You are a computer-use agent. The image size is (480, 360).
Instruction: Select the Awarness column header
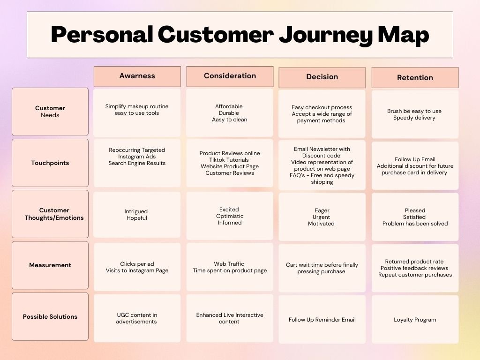(x=137, y=76)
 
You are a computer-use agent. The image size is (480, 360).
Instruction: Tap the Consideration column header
(x=230, y=76)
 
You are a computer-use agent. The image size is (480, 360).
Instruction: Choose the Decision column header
(x=322, y=77)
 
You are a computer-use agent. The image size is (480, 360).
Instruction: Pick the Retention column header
(x=415, y=78)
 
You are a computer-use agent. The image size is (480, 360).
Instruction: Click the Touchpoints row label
(x=50, y=163)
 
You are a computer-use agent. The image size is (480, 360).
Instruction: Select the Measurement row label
(x=50, y=265)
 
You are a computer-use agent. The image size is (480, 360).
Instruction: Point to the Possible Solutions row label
(x=50, y=317)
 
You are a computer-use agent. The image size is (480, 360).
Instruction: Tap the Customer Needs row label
(x=50, y=112)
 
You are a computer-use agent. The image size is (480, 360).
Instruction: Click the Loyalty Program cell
(x=415, y=320)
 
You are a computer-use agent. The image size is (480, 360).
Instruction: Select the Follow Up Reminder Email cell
(x=322, y=320)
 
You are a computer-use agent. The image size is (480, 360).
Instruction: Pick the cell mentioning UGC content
(x=137, y=318)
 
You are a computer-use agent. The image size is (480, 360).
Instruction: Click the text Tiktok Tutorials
(x=230, y=160)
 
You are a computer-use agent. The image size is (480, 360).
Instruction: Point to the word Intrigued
(x=136, y=211)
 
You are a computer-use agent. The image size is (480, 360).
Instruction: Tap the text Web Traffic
(x=229, y=264)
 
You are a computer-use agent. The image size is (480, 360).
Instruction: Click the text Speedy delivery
(x=414, y=118)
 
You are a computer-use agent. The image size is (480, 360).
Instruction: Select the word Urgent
(x=322, y=217)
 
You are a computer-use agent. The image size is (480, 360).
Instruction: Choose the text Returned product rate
(x=414, y=262)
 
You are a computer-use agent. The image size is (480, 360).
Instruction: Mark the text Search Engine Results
(x=137, y=163)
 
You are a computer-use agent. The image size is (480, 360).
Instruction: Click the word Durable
(x=229, y=113)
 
